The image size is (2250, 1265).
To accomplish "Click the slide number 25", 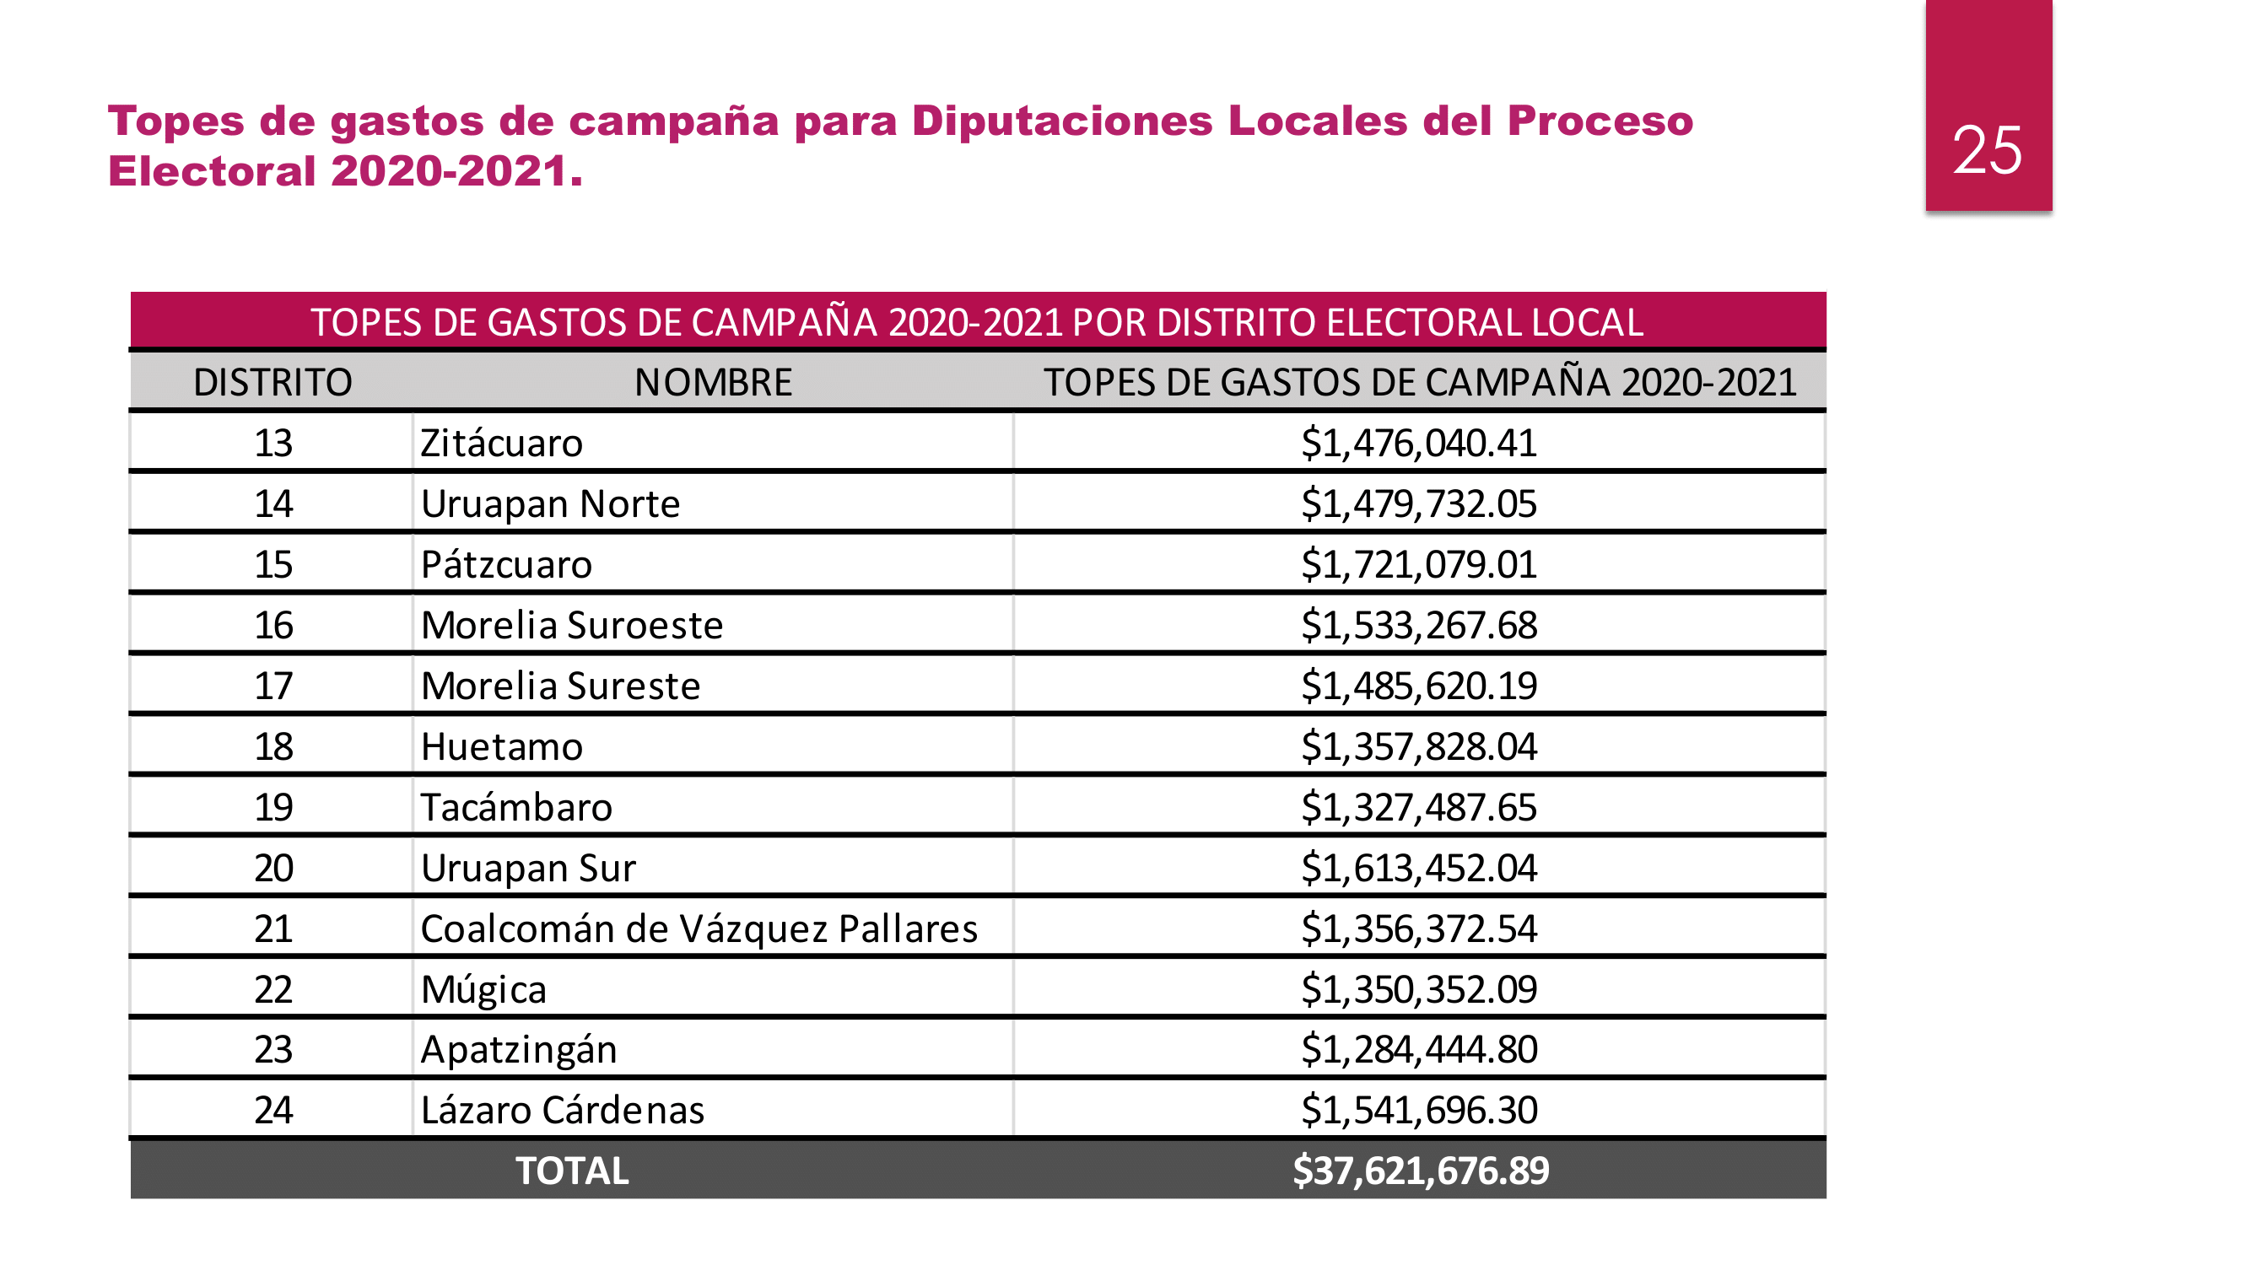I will pos(1987,150).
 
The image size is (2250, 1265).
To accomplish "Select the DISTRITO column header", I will pos(272,382).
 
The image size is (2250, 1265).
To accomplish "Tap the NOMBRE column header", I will pos(713,382).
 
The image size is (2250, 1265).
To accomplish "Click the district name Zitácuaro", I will pos(501,444).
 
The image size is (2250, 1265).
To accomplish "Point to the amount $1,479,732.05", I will pos(1418,503).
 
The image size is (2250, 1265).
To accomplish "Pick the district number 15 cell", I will pos(272,565).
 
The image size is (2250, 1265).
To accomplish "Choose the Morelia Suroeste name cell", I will pos(572,625).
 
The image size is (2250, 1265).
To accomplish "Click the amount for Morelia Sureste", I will pos(1418,686).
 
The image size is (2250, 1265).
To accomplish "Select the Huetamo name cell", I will pos(501,746).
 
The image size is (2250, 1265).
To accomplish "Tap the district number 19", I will pos(272,808).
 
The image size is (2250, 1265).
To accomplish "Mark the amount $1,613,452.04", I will pos(1418,868).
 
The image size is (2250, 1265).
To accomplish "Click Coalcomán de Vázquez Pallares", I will pos(699,929).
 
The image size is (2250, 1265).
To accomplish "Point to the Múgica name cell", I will pos(484,989).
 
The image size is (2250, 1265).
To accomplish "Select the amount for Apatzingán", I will pos(1418,1049).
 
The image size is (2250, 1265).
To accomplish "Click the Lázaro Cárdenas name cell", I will pos(563,1111).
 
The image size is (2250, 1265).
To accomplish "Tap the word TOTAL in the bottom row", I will pos(572,1171).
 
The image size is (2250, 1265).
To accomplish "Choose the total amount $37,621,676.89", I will pos(1420,1171).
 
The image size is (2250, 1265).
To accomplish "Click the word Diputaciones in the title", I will pos(1062,121).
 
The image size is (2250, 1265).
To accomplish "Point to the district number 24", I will pos(272,1111).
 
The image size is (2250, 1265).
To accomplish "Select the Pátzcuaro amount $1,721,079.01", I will pos(1418,565).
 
